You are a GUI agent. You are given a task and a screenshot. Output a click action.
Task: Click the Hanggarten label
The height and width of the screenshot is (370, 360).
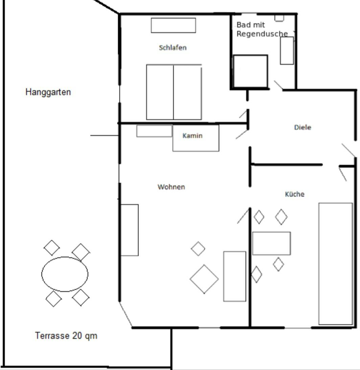48,92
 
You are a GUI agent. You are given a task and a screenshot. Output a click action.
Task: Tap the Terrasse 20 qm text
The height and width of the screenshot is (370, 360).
66,335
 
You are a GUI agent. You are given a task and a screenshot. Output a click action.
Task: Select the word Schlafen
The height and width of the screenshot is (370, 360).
173,48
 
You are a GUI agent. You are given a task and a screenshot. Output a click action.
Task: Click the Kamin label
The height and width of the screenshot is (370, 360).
193,136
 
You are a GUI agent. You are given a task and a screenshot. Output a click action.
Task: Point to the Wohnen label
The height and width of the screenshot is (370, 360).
171,187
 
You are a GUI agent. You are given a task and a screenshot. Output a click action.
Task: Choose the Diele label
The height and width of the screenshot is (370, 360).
303,127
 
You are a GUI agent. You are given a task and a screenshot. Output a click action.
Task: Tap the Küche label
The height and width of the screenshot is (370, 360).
295,194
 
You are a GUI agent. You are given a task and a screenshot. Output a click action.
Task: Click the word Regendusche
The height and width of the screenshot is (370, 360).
262,34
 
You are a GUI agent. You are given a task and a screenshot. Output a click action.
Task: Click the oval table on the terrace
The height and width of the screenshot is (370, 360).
65,274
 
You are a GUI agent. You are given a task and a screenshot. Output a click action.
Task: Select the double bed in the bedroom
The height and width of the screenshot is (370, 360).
174,92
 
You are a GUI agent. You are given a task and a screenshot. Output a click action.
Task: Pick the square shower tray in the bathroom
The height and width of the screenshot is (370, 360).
250,71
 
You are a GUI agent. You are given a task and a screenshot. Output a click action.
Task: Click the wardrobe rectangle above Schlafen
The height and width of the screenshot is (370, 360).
173,25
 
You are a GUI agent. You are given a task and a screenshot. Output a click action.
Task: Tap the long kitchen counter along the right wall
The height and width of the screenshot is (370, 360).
336,264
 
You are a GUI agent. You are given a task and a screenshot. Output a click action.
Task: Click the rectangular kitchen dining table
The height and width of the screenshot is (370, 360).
272,243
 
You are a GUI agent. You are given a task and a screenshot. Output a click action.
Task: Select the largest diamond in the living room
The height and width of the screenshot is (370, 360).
204,279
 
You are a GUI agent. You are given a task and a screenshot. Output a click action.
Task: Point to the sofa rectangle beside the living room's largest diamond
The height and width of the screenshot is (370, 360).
235,276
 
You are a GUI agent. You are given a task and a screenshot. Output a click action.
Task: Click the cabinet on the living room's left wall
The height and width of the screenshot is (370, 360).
130,230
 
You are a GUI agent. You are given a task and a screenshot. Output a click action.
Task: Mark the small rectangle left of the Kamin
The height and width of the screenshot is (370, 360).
154,131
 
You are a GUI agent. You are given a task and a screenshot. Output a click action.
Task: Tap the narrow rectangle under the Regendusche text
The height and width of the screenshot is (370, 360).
287,50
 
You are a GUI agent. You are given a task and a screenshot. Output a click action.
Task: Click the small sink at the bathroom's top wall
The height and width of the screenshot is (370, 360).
279,18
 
